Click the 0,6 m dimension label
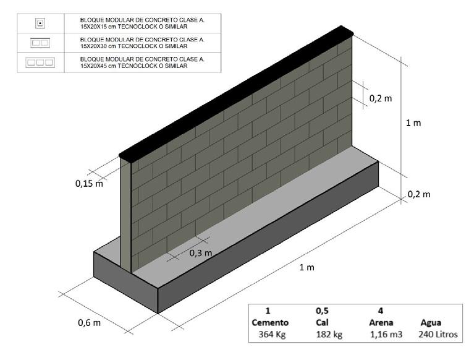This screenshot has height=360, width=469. tap(90, 322)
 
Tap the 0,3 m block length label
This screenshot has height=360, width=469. tap(200, 252)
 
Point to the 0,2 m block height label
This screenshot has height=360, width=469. tap(381, 98)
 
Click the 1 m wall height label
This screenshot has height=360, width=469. tap(413, 123)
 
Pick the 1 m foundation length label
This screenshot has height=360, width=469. tap(306, 267)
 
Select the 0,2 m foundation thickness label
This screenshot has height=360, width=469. tap(418, 194)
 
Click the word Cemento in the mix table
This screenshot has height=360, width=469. tap(271, 322)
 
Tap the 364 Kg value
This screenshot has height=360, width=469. tap(269, 335)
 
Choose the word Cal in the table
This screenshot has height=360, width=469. tap(319, 322)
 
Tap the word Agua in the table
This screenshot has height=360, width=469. tap(431, 322)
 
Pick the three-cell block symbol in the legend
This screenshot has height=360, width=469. tap(40, 62)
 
